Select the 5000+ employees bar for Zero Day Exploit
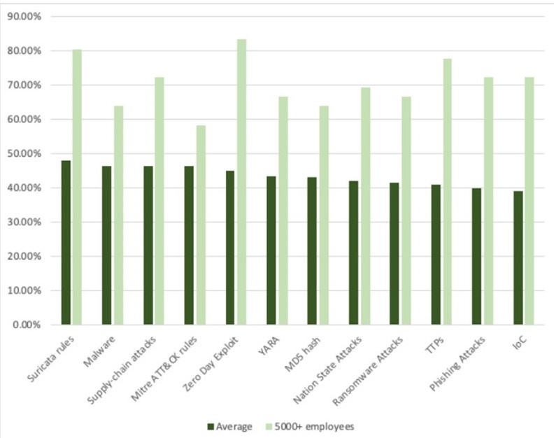pyautogui.click(x=241, y=182)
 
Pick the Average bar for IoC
pyautogui.click(x=518, y=257)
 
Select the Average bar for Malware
pyautogui.click(x=106, y=245)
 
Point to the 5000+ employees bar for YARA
pyautogui.click(x=283, y=211)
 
